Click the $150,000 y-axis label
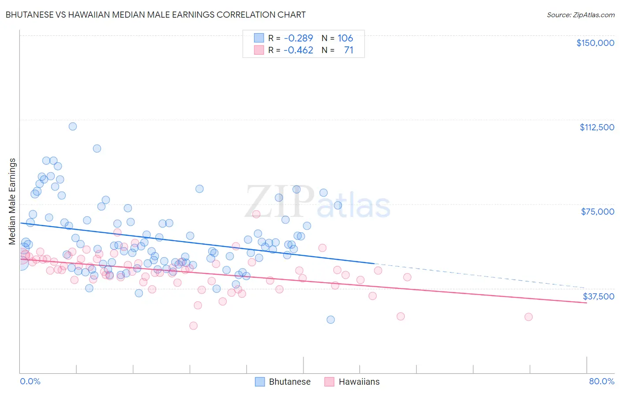[x=595, y=43]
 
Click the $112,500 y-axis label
[x=597, y=127]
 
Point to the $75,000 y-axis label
[x=598, y=212]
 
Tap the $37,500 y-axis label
[x=598, y=296]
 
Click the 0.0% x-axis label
[x=30, y=381]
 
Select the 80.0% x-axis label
[x=601, y=381]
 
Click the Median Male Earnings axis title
[x=12, y=201]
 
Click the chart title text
[x=156, y=15]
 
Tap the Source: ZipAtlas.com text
[x=580, y=15]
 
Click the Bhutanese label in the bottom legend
[x=290, y=382]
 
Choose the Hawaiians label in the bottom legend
[x=359, y=382]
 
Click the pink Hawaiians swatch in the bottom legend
[x=329, y=382]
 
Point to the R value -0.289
[x=298, y=38]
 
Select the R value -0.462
[x=298, y=50]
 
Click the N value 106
[x=345, y=38]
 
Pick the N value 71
[x=348, y=50]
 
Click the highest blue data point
[x=73, y=126]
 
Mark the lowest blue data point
[x=331, y=320]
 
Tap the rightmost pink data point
[x=528, y=317]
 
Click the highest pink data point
[x=256, y=214]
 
